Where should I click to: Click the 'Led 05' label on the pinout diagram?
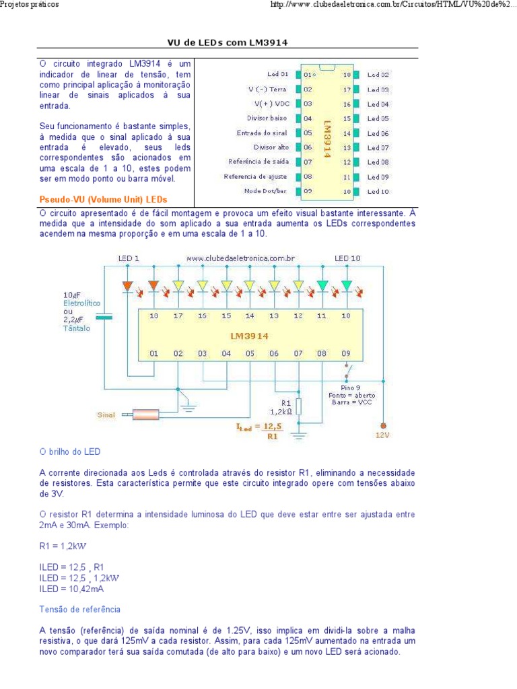pos(378,118)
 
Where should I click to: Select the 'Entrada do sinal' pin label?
pos(262,133)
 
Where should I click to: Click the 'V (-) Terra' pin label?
pos(267,89)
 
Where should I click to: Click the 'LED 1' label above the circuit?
pos(129,258)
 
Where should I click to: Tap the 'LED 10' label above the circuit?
pos(347,258)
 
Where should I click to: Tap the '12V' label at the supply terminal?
pos(382,435)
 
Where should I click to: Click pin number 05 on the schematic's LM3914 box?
pos(250,353)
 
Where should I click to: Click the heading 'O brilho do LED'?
pos(69,451)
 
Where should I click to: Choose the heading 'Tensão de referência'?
pos(79,609)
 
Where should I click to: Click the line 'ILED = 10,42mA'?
pos(71,588)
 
